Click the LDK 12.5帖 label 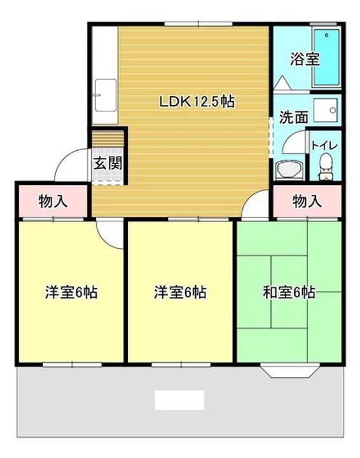197,102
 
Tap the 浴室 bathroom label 305,59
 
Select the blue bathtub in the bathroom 326,57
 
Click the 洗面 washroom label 293,117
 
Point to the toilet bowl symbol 326,167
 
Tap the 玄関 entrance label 107,163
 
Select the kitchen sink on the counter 106,95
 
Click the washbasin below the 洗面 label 289,170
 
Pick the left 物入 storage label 53,201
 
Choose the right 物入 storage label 307,201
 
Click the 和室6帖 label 289,293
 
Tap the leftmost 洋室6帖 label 71,293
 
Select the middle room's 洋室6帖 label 180,293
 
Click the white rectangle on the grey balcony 179,400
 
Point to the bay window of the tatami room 289,370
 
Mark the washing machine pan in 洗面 326,110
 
